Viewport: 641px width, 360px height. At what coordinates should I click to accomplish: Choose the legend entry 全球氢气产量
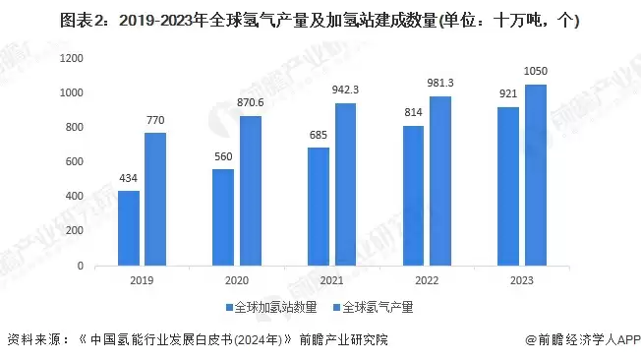pos(378,308)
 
